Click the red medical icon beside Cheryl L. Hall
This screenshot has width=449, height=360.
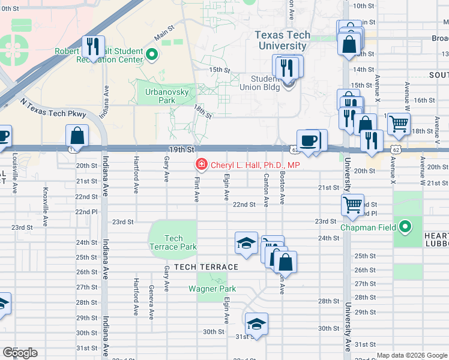click(x=201, y=164)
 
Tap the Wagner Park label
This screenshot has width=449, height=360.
click(x=211, y=289)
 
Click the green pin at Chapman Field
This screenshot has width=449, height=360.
click(x=405, y=227)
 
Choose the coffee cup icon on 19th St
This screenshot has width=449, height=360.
click(x=309, y=141)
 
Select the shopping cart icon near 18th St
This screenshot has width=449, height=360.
click(x=399, y=124)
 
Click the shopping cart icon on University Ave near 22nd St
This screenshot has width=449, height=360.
click(x=352, y=205)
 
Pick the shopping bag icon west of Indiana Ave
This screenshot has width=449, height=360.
click(x=77, y=134)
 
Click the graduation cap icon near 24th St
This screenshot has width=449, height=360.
click(x=246, y=242)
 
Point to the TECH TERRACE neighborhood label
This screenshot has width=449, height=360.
click(x=206, y=266)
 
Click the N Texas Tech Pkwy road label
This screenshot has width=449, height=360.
click(x=53, y=108)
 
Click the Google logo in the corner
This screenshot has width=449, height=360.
click(x=20, y=353)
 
